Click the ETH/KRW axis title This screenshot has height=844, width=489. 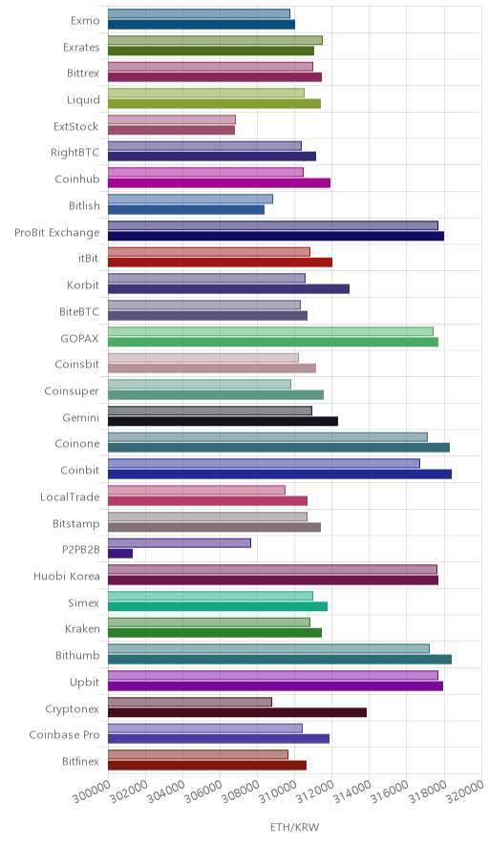point(294,827)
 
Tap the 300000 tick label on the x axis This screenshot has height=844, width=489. point(90,792)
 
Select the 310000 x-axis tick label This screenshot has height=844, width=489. point(277,792)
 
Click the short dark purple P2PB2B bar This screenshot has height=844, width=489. point(120,554)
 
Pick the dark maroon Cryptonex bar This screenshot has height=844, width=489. point(237,712)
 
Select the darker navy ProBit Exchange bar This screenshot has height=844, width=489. point(276,236)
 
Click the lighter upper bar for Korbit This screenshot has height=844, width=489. point(206,278)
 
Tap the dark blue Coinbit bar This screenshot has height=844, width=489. point(280,474)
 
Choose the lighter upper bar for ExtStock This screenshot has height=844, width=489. point(172,119)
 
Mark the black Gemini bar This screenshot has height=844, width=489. point(223,421)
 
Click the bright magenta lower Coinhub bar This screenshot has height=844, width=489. point(219,183)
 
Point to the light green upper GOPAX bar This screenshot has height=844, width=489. point(270,331)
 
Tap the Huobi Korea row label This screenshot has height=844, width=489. point(67,576)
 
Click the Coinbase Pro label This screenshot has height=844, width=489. point(65,735)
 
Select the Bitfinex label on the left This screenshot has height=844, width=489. point(81,761)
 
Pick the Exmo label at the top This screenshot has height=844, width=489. point(85,20)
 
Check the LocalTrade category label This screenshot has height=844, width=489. point(70,496)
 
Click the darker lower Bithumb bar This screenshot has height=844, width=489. point(280,660)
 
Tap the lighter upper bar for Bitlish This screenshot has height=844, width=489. point(190,199)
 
